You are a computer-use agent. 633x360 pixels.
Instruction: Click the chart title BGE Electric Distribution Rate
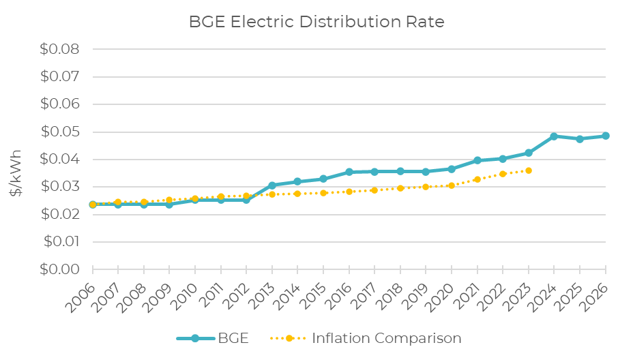316,22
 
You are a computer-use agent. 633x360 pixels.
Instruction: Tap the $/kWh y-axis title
16,173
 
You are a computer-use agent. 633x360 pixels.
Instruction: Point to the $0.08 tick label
61,50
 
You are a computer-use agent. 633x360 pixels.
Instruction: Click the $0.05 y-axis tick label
61,132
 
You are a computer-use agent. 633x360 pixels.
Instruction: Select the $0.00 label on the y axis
61,269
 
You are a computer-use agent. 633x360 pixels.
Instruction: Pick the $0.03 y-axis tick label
61,187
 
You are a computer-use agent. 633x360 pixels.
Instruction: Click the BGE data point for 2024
554,136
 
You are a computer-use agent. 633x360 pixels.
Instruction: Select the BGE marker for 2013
272,185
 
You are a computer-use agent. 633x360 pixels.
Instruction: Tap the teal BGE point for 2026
605,136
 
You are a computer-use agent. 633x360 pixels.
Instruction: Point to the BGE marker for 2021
477,160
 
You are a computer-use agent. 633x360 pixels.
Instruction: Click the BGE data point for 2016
349,172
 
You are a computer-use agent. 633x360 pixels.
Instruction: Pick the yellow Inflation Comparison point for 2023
529,170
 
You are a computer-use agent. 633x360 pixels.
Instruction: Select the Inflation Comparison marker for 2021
477,179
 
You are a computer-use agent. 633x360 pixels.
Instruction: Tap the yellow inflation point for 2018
400,188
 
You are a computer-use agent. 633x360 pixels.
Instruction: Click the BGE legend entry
211,338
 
